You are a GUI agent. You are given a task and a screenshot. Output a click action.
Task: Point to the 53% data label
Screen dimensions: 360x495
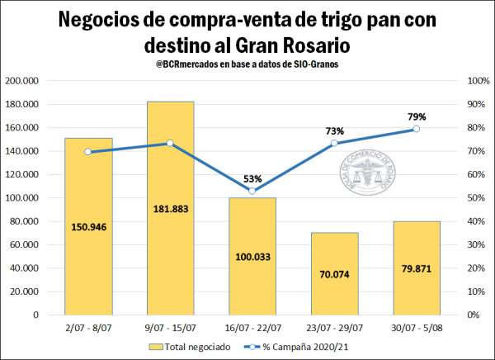pyautogui.click(x=252, y=179)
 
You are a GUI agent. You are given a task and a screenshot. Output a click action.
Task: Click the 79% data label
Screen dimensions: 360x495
pyautogui.click(x=417, y=117)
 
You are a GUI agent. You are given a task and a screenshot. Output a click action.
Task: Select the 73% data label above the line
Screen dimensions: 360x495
pyautogui.click(x=335, y=131)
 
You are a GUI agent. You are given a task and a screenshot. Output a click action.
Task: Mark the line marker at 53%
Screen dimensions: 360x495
pyautogui.click(x=252, y=191)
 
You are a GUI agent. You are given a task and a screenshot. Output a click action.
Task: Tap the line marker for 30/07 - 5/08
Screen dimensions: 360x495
pyautogui.click(x=417, y=129)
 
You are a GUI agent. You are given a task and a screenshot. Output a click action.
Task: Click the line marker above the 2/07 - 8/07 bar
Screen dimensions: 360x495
pyautogui.click(x=87, y=152)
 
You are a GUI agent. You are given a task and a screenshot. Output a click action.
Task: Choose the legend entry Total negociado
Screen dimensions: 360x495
pyautogui.click(x=198, y=348)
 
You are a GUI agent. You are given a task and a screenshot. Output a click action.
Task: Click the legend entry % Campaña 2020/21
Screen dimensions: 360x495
pyautogui.click(x=301, y=348)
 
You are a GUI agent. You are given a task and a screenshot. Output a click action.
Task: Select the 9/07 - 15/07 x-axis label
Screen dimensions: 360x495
pyautogui.click(x=170, y=327)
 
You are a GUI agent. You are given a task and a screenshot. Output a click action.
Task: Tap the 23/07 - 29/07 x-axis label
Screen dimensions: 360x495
pyautogui.click(x=334, y=327)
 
